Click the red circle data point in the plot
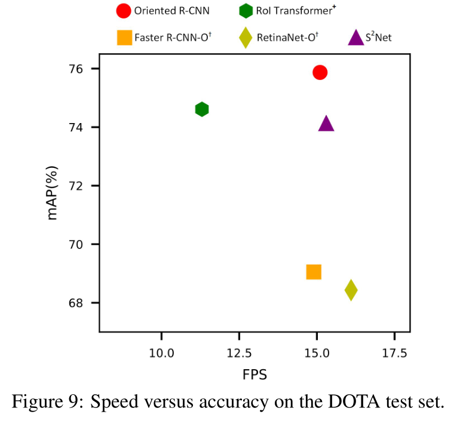320,72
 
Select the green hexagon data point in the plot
202,109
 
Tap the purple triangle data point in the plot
326,124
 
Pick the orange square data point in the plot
314,272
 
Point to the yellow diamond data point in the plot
351,290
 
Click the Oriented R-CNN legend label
171,10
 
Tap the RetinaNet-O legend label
287,38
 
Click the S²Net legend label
378,38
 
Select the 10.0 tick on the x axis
161,352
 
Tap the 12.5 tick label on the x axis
239,352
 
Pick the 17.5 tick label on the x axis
394,352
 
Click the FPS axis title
255,375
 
